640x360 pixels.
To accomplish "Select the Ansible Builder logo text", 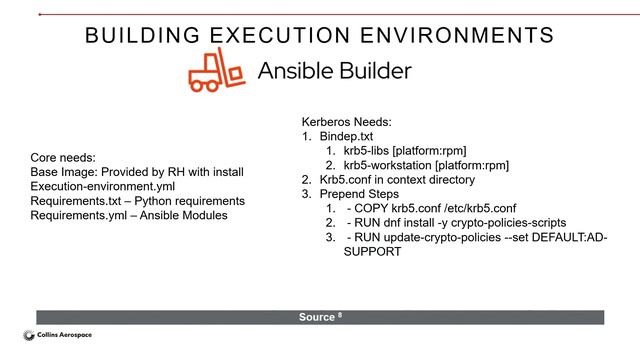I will [x=334, y=72].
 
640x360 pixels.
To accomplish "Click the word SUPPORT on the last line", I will [x=372, y=252].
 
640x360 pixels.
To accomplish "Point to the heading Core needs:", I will [x=64, y=157].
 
